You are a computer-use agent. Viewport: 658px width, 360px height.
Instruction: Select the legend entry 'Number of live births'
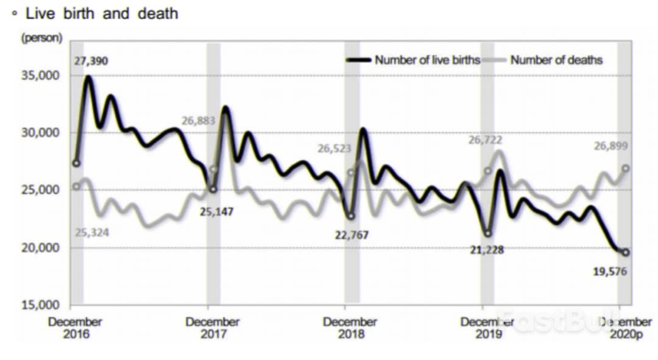427,60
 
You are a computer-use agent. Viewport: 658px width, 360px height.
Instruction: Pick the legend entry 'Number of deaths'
556,60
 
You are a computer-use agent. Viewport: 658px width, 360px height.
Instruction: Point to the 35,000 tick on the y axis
41,76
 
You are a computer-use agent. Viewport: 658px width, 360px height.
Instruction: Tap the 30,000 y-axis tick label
41,133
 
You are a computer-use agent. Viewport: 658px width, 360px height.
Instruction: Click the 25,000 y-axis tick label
41,190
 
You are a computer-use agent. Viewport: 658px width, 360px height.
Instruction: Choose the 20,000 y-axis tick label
41,247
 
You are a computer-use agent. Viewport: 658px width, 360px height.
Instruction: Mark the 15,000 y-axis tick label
41,305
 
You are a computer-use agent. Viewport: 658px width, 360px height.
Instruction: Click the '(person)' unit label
41,38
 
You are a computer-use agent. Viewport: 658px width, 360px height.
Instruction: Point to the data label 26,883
198,121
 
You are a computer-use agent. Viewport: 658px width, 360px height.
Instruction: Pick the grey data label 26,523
334,149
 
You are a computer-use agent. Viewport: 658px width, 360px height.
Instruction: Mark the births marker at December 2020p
626,253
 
